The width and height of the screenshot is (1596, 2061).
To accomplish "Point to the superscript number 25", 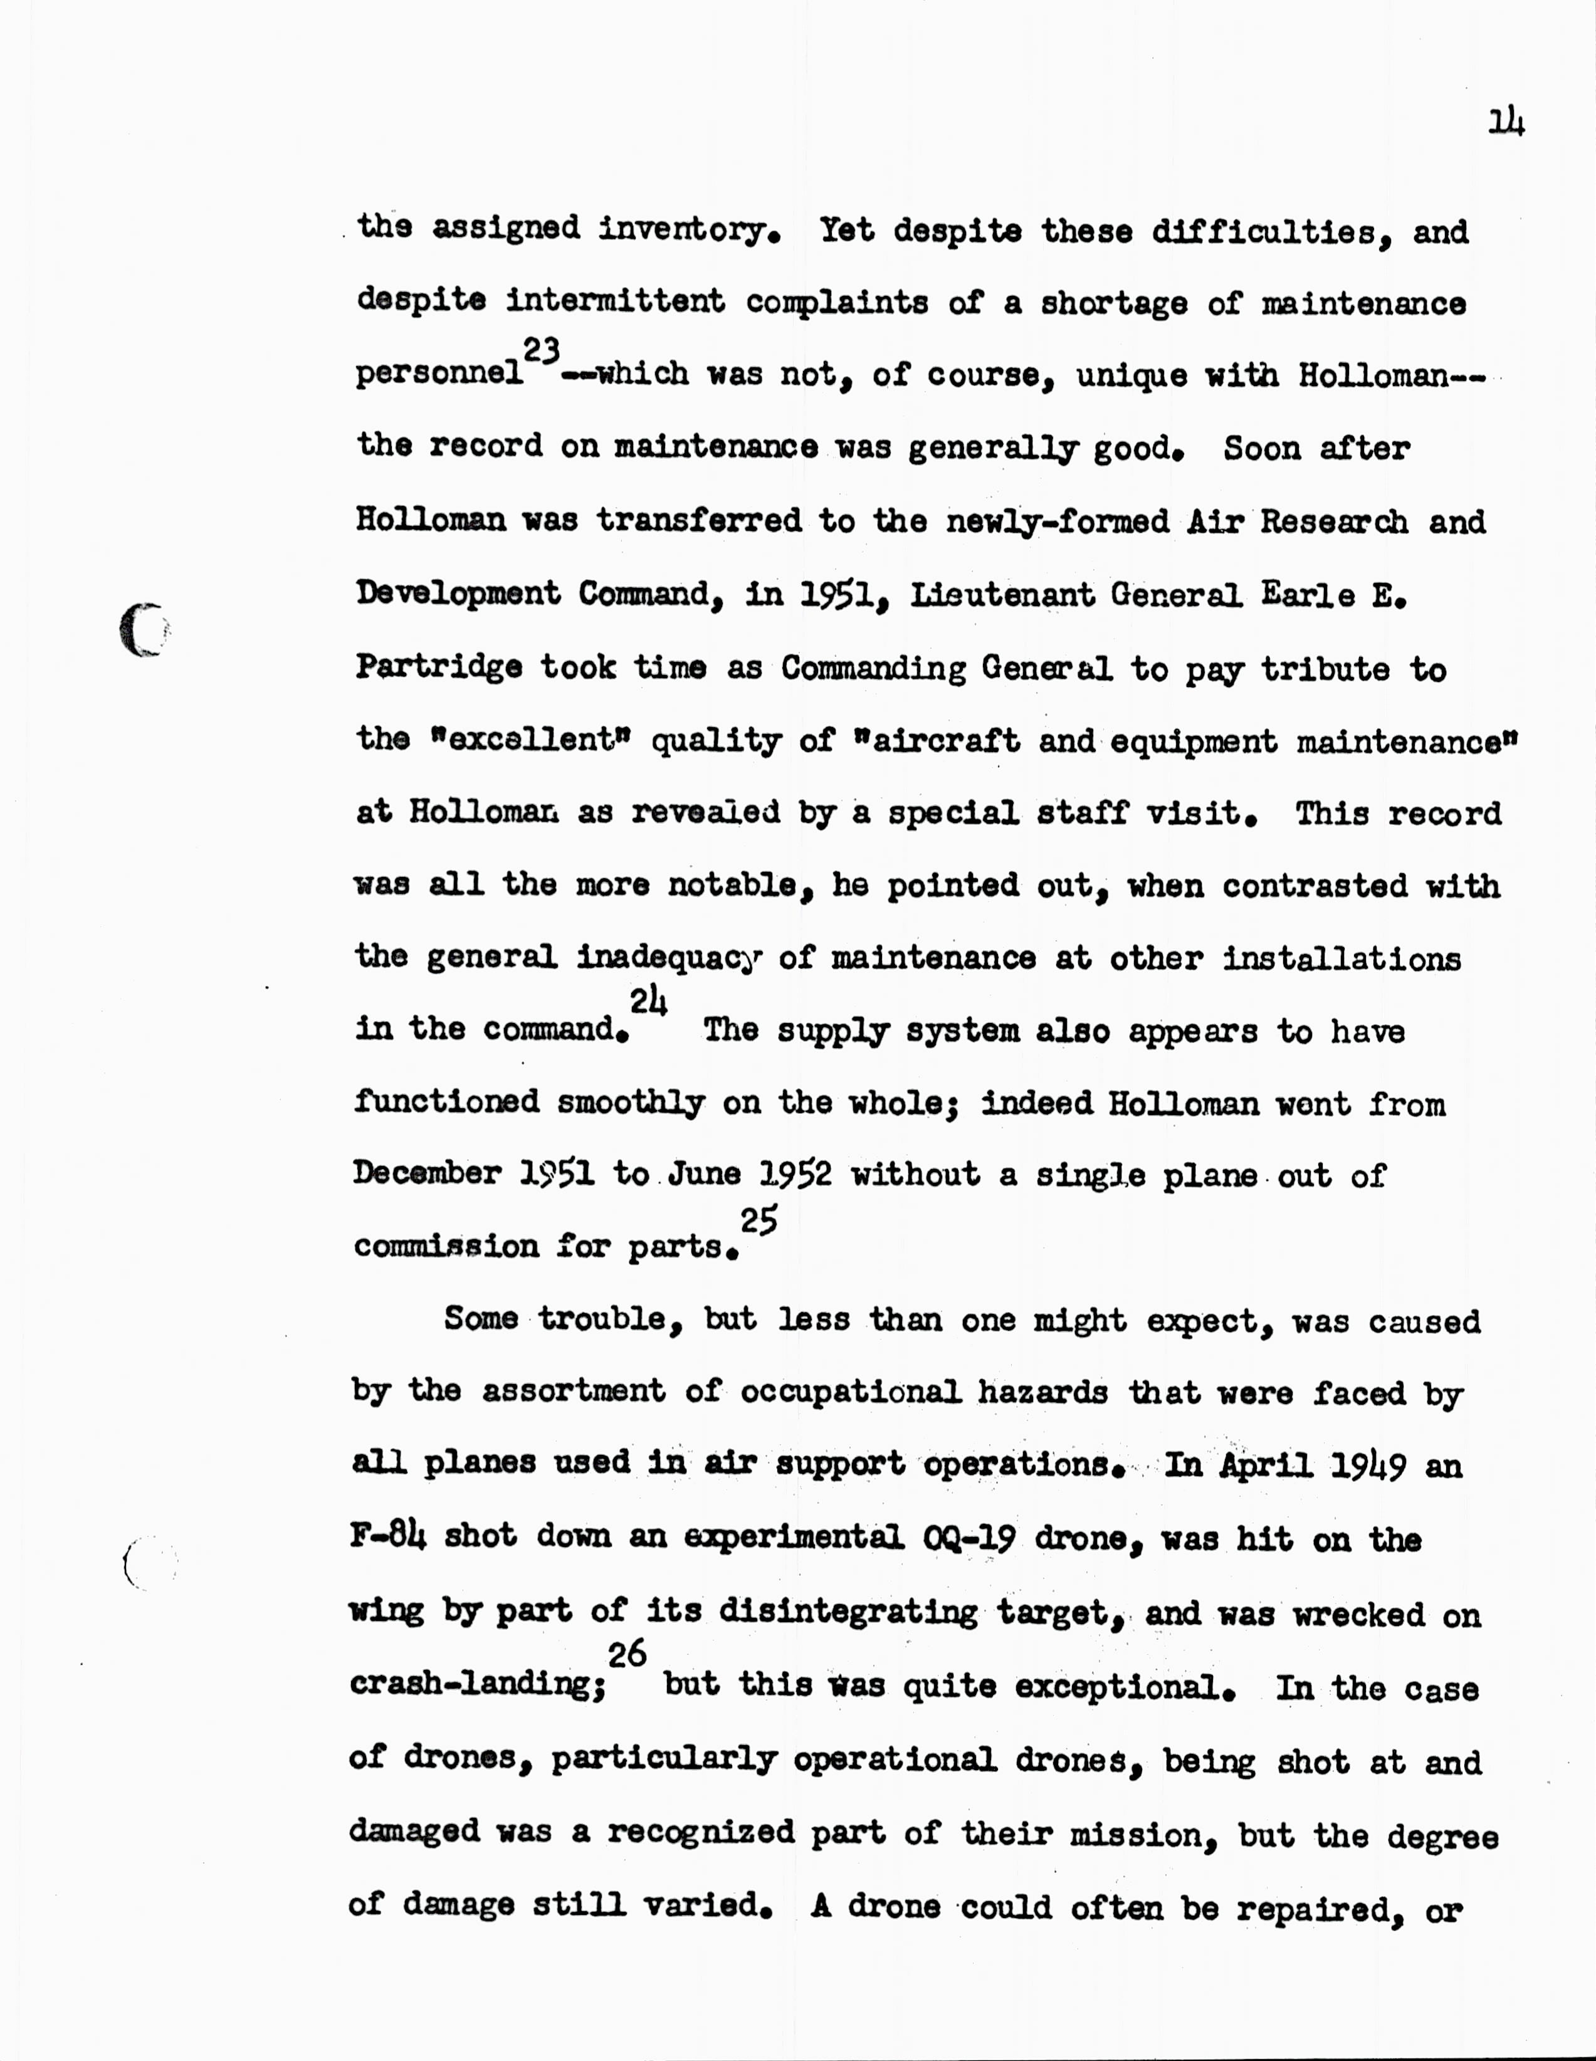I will tap(759, 1221).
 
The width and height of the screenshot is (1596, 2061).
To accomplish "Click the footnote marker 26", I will tap(627, 1654).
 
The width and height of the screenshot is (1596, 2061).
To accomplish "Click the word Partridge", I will tap(439, 668).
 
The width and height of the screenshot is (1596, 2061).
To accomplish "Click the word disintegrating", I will tap(848, 1612).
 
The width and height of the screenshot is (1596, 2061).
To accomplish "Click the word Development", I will tap(458, 594).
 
